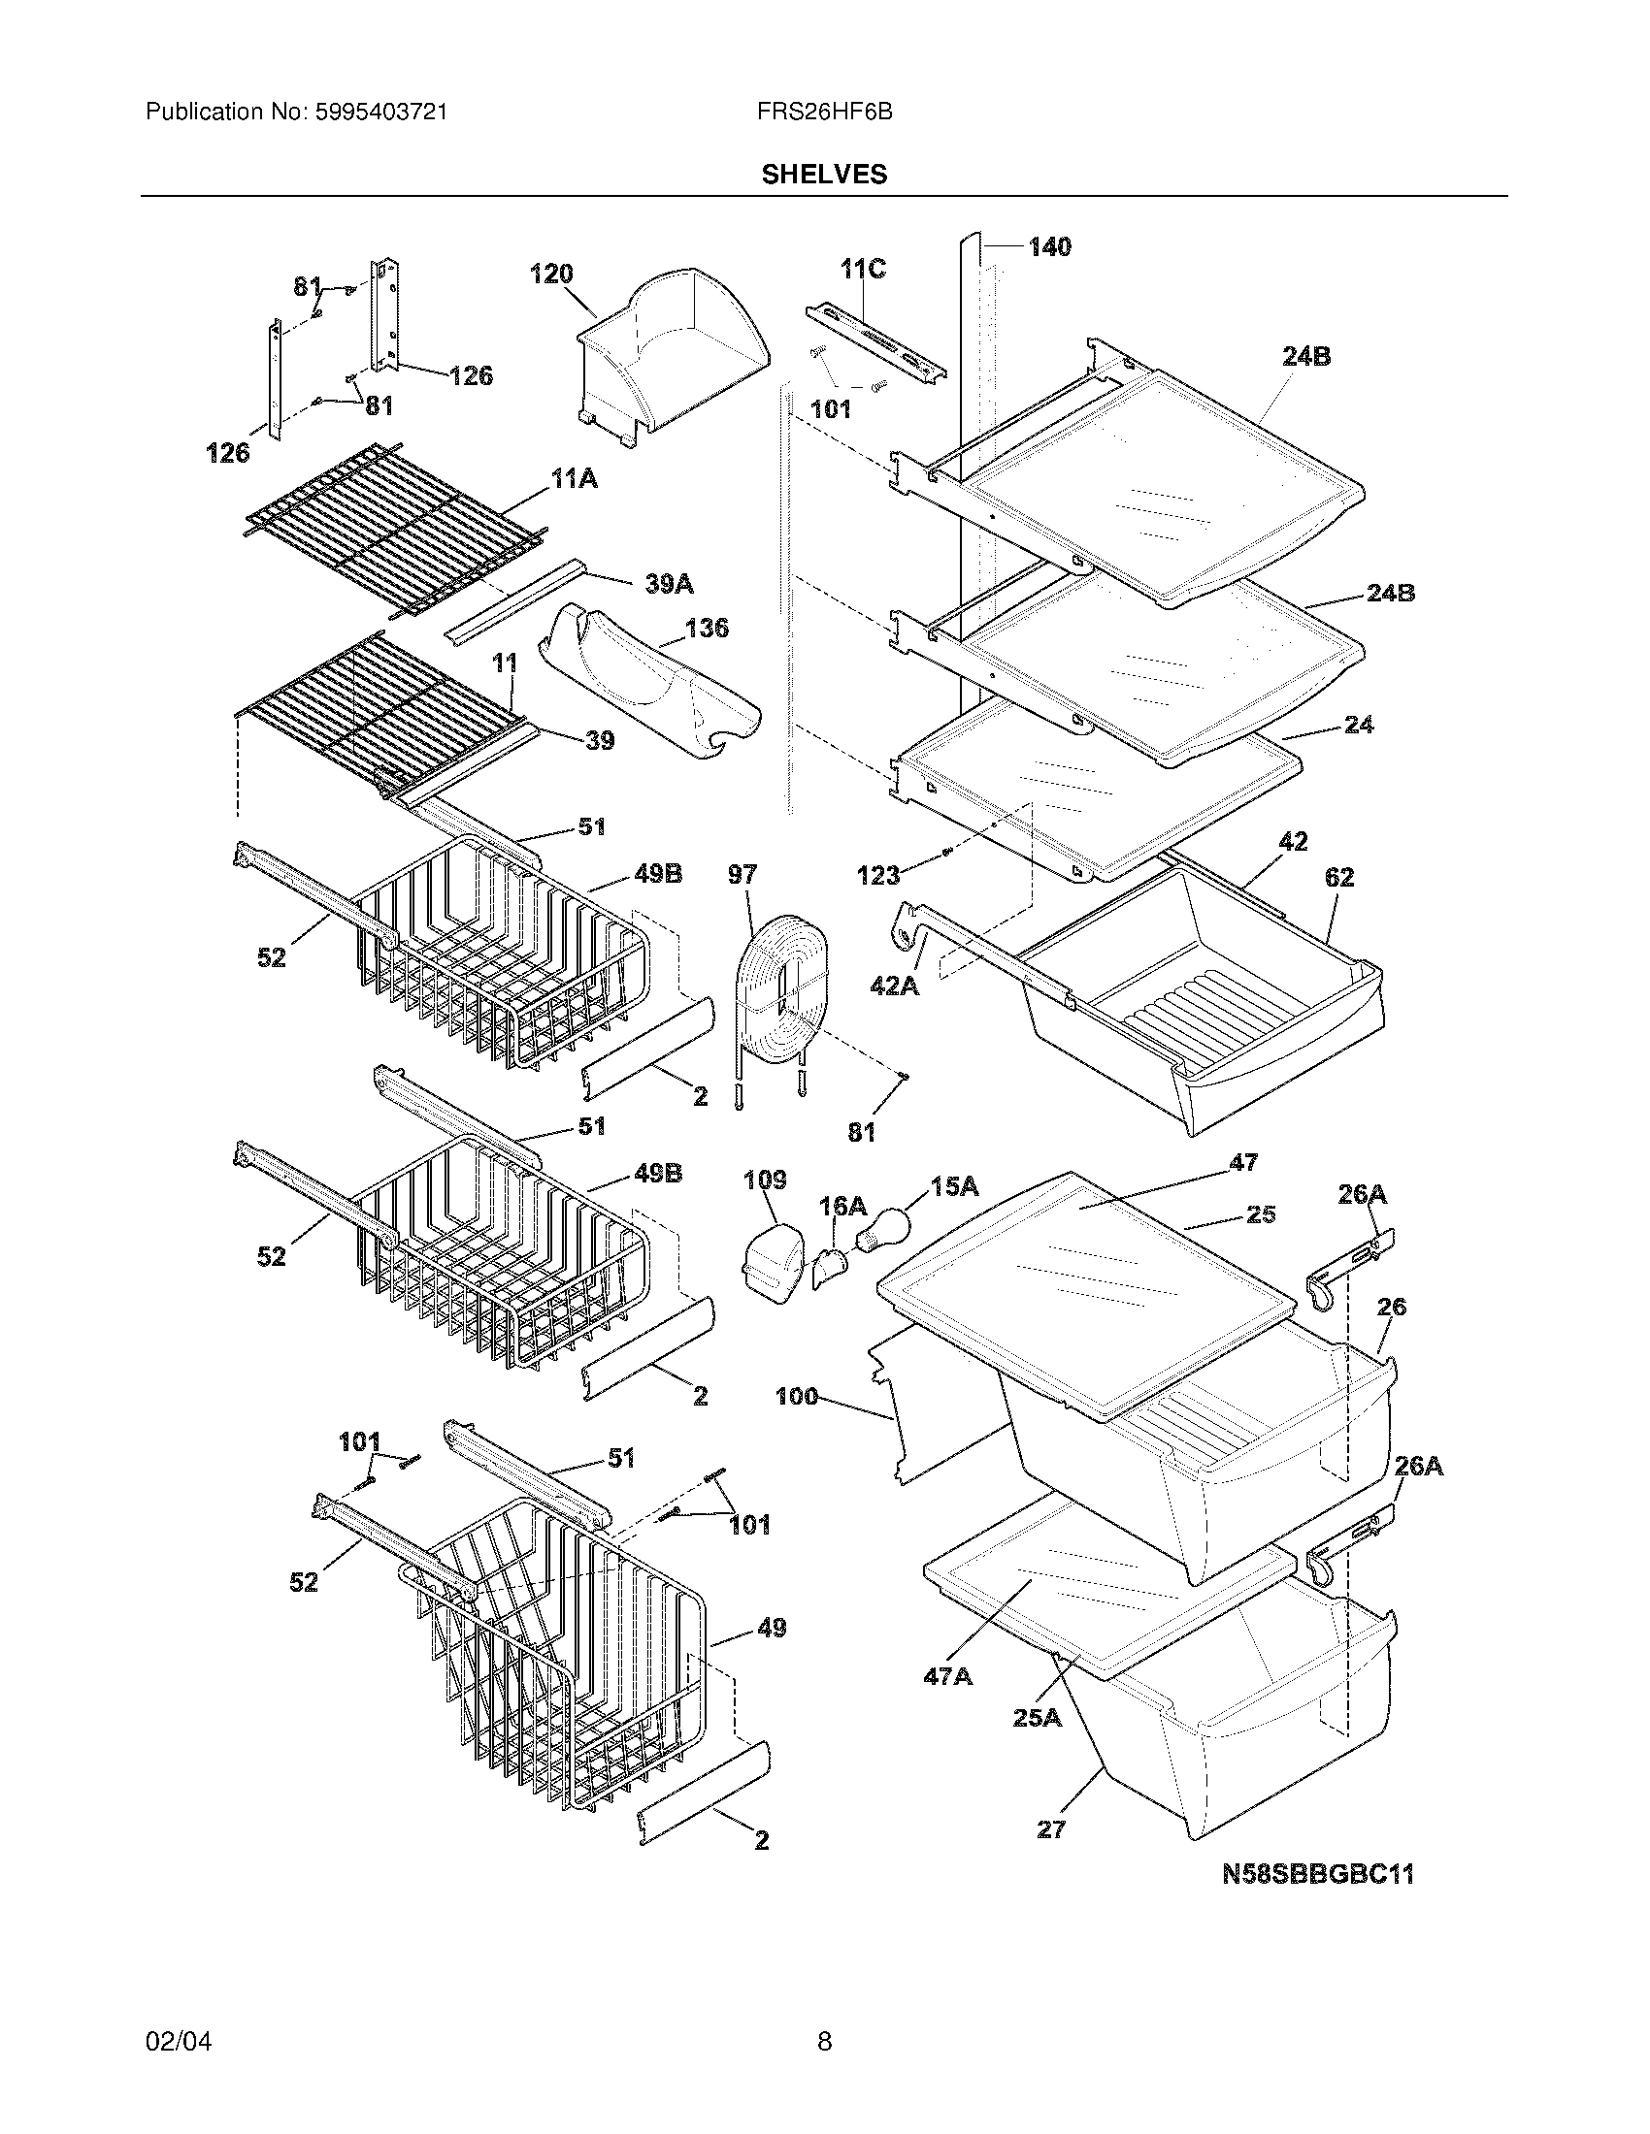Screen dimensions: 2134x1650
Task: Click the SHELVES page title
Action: (x=824, y=174)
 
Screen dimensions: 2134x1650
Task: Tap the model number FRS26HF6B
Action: (x=824, y=113)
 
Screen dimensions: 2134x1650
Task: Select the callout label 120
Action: (x=551, y=275)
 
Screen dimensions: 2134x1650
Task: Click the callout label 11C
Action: (x=863, y=269)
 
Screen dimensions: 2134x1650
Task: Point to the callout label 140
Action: (x=1049, y=247)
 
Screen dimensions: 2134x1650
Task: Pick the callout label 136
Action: (x=707, y=628)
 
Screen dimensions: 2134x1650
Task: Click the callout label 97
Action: (x=742, y=874)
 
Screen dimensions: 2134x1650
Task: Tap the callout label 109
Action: (x=765, y=1180)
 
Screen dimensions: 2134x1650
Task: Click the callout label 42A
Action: (x=895, y=986)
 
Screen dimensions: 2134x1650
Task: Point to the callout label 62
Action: (x=1338, y=878)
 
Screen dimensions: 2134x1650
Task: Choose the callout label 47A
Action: (x=947, y=1676)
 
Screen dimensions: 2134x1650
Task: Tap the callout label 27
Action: (x=1050, y=1829)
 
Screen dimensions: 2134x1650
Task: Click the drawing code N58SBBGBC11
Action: (x=1318, y=1874)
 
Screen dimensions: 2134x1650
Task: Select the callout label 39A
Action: (x=669, y=584)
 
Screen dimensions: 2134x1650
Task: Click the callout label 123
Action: (x=877, y=876)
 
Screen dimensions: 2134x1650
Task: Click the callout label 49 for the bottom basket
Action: (x=772, y=1628)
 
